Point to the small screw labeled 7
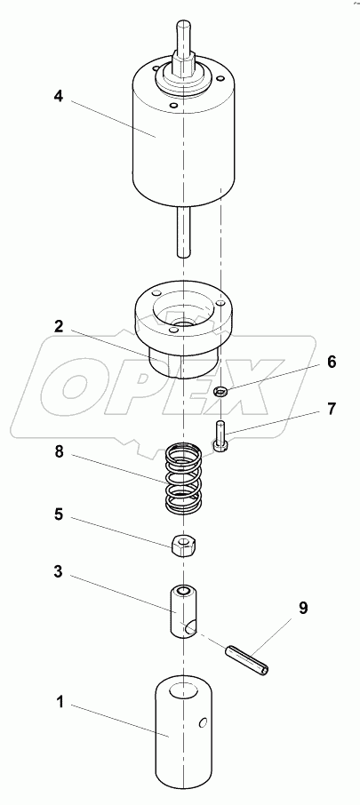[x=220, y=436]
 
